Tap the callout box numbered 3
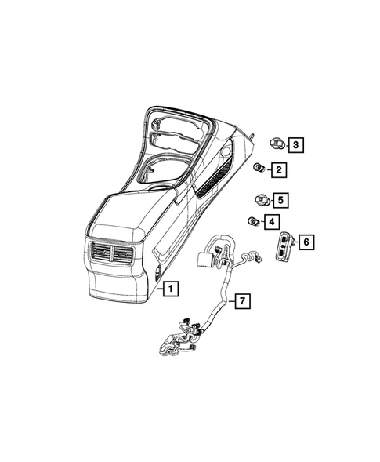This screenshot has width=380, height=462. click(x=295, y=144)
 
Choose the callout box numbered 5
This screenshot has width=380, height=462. click(x=280, y=199)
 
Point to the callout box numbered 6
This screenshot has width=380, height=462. click(x=306, y=242)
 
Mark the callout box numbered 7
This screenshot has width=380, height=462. click(x=243, y=301)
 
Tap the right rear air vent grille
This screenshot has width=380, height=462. click(x=123, y=255)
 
